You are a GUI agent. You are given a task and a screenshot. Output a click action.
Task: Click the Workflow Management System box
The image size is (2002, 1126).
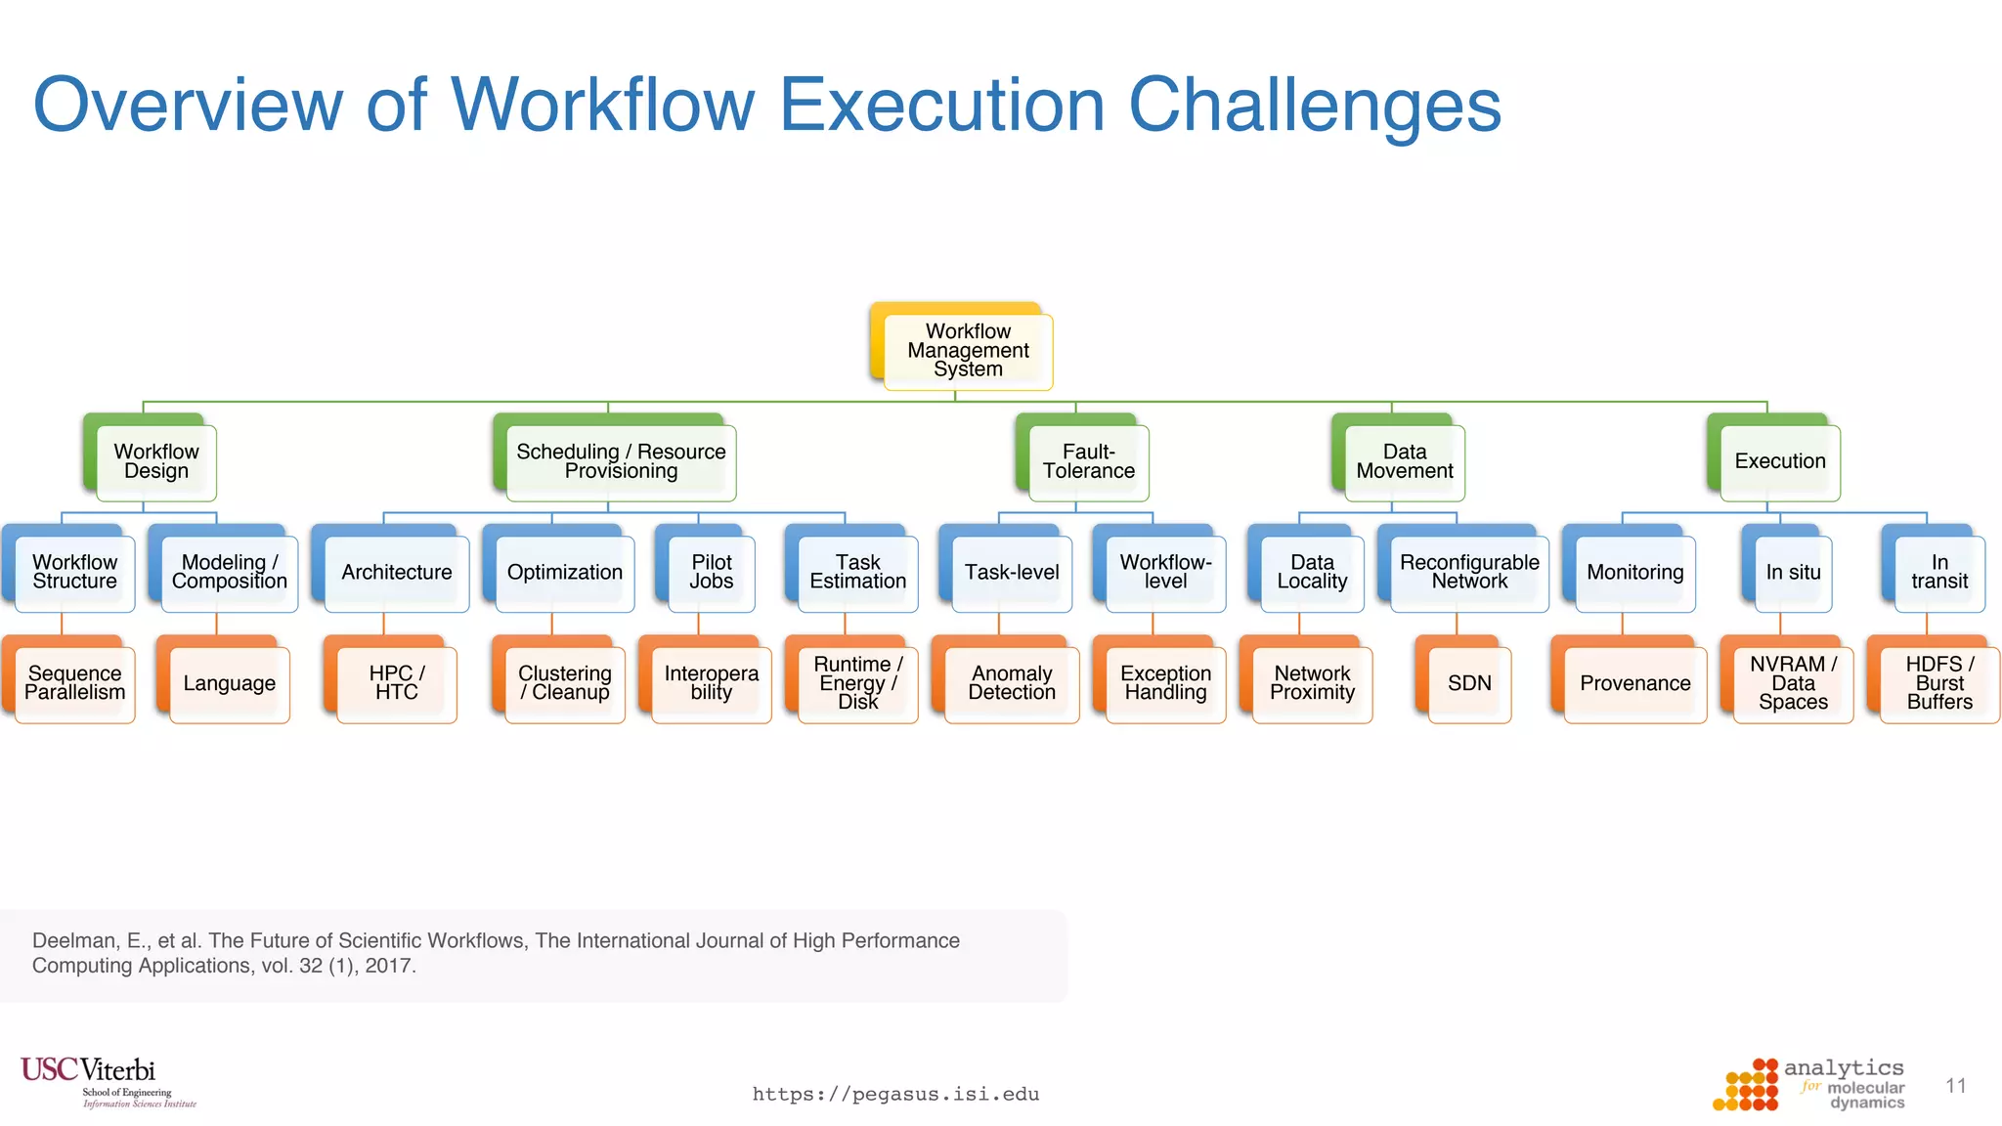click(x=967, y=350)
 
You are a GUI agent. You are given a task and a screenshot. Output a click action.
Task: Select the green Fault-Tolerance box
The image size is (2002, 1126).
click(x=1088, y=461)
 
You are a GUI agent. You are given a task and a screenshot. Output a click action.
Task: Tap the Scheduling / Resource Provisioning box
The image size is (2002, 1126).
click(x=621, y=461)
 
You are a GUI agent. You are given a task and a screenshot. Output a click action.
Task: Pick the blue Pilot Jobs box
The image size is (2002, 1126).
click(x=711, y=572)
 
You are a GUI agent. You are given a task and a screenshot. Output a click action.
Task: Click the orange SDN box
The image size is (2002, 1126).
click(x=1468, y=683)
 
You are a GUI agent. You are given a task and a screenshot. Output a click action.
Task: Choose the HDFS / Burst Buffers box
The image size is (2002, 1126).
click(x=1938, y=683)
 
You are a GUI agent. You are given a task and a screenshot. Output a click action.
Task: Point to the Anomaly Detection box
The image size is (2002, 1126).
click(x=1011, y=683)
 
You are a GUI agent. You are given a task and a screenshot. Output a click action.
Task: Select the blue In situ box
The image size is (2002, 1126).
click(x=1792, y=572)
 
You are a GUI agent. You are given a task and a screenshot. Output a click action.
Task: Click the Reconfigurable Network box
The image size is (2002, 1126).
click(x=1468, y=572)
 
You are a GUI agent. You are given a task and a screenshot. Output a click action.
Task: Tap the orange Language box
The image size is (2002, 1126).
click(x=229, y=683)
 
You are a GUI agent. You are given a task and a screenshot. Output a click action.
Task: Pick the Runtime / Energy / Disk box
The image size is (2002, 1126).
click(x=857, y=683)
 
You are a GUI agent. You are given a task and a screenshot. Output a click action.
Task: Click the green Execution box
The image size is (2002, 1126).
click(x=1779, y=461)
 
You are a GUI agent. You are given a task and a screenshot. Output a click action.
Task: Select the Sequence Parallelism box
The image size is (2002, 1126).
click(x=74, y=683)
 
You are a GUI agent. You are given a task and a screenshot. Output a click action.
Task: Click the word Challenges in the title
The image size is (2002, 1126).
click(x=1314, y=106)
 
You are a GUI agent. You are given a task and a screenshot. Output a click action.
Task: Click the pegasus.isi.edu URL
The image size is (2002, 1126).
click(x=895, y=1094)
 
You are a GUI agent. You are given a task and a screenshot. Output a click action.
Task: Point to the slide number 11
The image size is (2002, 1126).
click(x=1955, y=1086)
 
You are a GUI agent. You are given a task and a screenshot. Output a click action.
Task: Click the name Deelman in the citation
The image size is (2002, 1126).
click(x=73, y=940)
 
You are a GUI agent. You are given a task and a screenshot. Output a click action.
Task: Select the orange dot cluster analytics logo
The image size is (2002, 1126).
click(x=1746, y=1086)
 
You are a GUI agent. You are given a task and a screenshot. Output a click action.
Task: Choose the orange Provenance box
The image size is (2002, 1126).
click(x=1634, y=683)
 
